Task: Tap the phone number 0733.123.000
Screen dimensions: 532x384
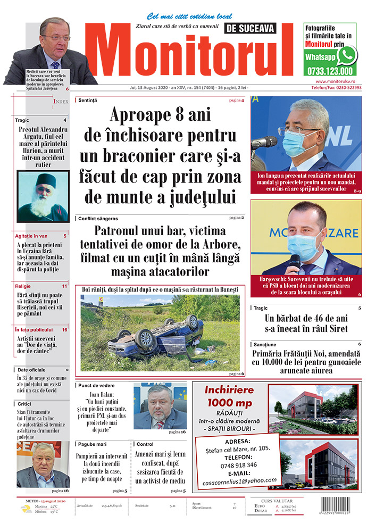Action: pos(330,71)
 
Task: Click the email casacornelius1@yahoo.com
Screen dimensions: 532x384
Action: pos(239,480)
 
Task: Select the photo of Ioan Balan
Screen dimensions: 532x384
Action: pos(160,406)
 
